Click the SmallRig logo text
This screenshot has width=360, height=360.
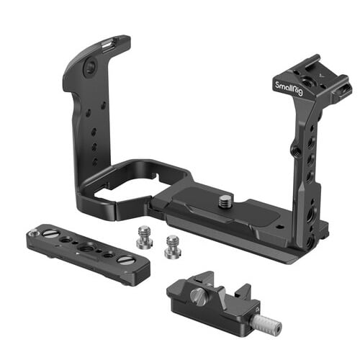(289, 89)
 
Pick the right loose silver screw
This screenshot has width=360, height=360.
(172, 247)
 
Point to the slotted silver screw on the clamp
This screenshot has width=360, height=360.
(198, 297)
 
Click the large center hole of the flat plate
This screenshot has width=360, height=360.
(85, 247)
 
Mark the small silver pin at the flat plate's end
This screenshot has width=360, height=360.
(34, 231)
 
